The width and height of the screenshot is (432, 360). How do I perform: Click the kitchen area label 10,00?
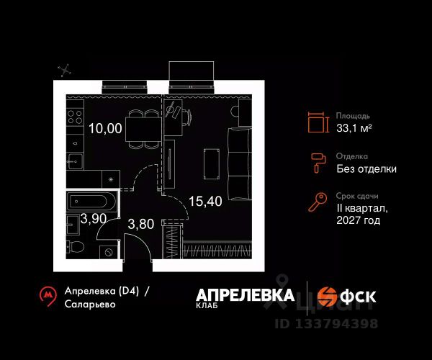105,130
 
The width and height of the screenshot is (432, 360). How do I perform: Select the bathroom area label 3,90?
94,220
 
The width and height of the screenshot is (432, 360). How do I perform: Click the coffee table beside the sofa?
211,163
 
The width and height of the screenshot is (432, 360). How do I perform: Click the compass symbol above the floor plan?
66,71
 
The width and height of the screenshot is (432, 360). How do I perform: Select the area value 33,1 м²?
354,128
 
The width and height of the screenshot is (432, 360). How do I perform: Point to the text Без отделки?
366,169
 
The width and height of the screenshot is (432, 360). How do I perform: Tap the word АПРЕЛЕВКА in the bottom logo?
245,294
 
